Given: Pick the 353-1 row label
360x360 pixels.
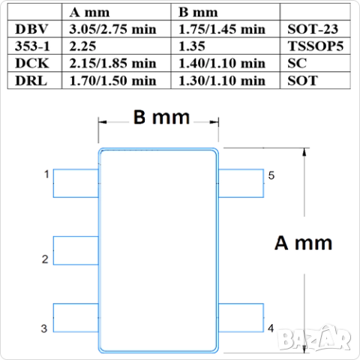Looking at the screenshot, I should [32, 46].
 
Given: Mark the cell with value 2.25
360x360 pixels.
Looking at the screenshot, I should [84, 46].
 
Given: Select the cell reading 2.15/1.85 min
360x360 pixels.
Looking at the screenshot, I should [112, 63].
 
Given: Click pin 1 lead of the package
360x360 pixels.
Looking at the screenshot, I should [75, 183].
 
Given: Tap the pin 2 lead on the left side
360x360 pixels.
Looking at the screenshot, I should [75, 250].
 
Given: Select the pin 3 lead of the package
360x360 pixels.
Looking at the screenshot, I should [75, 318].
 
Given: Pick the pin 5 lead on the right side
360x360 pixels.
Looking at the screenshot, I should [241, 183].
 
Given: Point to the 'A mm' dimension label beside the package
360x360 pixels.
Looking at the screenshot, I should [303, 244].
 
